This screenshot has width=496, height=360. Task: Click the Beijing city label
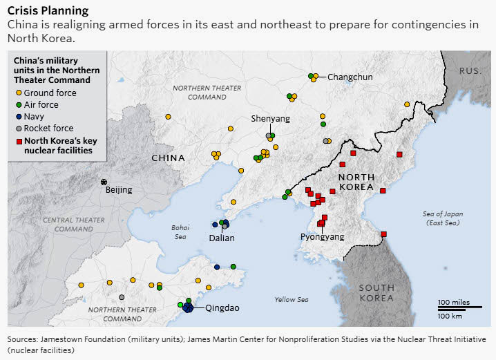[118, 190]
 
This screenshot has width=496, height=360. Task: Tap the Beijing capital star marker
[104, 182]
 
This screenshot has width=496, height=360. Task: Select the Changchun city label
[350, 77]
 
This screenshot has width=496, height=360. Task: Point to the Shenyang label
[270, 118]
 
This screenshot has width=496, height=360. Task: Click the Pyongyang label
[322, 236]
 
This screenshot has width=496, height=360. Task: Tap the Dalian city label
[222, 238]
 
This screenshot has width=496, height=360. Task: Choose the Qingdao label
[222, 308]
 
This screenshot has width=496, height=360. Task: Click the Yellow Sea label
[291, 299]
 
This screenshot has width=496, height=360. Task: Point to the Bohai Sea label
[180, 231]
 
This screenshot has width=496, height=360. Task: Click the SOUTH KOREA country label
[376, 292]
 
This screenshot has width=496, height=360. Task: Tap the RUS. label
[472, 71]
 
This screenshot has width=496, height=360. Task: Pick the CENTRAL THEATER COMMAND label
[73, 224]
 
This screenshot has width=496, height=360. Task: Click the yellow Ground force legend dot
[19, 93]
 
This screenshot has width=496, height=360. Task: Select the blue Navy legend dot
[19, 116]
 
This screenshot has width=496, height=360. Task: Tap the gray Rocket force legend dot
[19, 128]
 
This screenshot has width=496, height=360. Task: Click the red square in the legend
[19, 140]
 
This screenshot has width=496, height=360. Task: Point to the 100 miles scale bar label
[453, 302]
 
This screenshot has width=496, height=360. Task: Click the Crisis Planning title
[48, 10]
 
